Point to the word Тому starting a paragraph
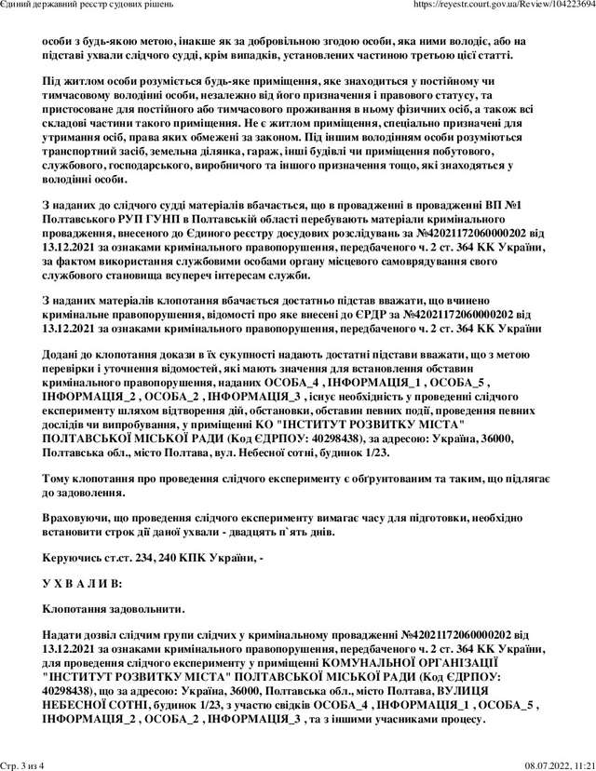pos(58,478)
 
